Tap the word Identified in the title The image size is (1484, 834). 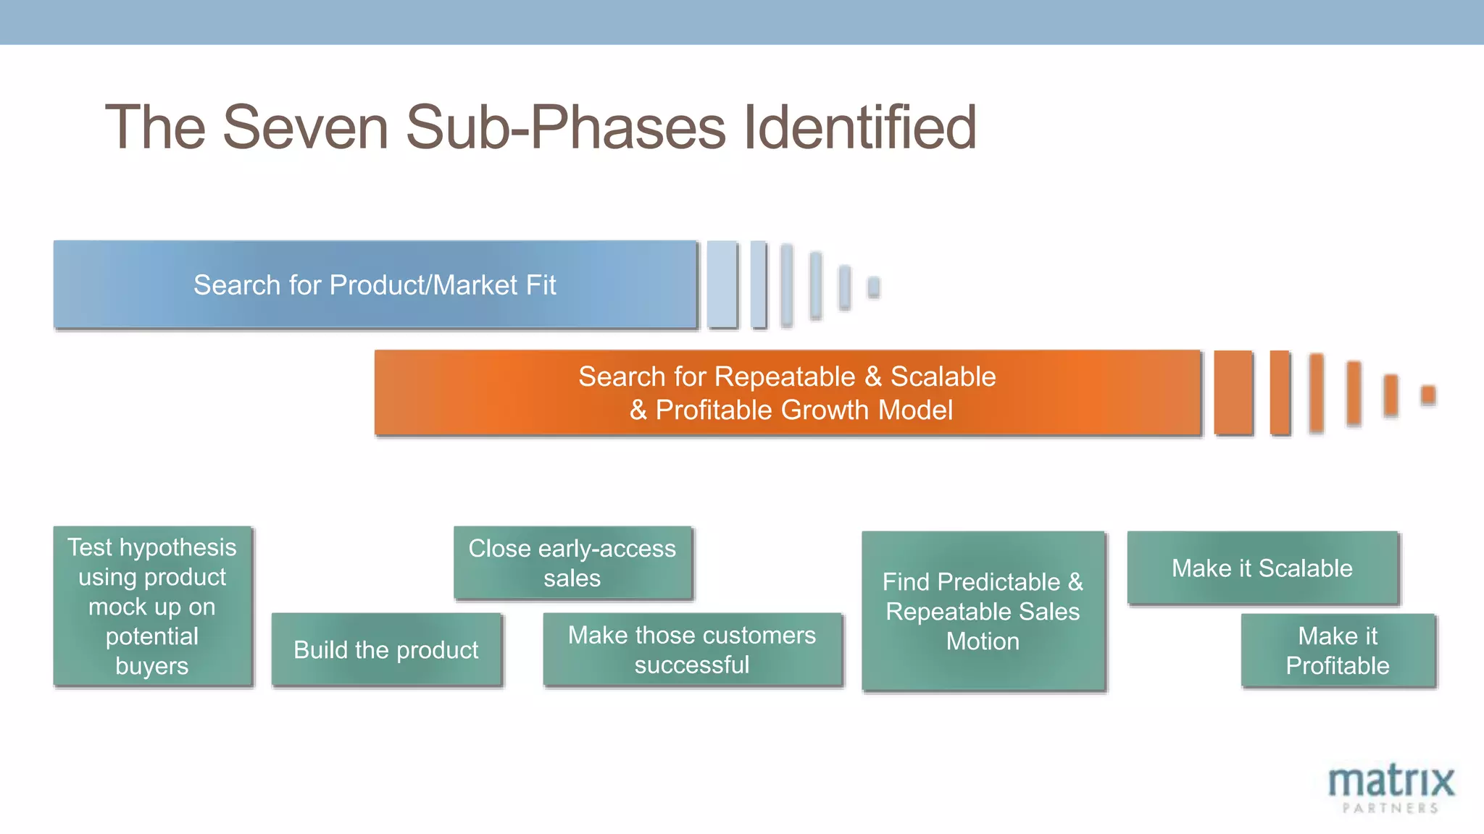coord(860,127)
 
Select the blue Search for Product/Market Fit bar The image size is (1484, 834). coord(375,285)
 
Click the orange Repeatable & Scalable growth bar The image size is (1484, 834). coord(787,392)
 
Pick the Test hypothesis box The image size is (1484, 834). coord(152,606)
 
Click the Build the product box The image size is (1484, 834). coord(386,649)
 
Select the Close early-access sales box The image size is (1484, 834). coord(572,563)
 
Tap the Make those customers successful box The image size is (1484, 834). coord(692,649)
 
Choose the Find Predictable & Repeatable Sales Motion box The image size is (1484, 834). coord(983,610)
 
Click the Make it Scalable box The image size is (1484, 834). coord(1262,568)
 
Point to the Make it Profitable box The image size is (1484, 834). coord(1338,650)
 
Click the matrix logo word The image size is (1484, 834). coord(1391,781)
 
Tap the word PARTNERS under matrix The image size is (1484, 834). coord(1391,808)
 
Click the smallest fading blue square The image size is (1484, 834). coord(874,287)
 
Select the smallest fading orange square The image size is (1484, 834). coord(1428,395)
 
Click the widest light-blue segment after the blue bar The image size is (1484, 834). coord(722,285)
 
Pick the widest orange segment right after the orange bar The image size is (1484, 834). coord(1233,392)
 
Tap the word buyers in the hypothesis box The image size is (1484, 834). coord(151,666)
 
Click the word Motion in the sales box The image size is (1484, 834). coord(983,641)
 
